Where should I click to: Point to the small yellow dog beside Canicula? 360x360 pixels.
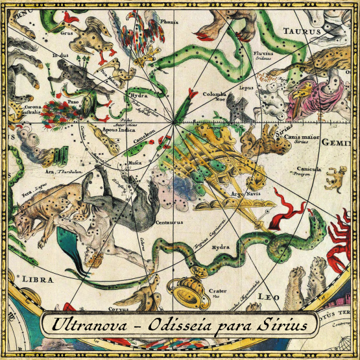335,177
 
